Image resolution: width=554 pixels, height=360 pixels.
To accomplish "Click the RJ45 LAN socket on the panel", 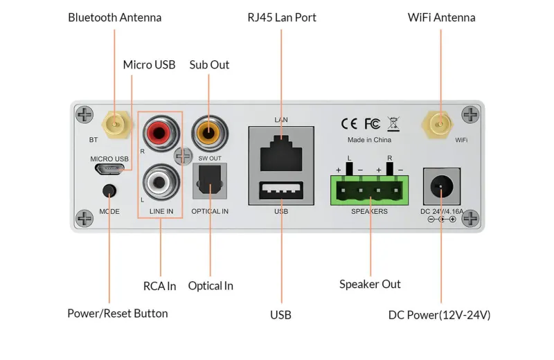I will [x=280, y=153].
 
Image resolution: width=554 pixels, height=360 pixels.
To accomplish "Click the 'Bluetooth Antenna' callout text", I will [x=114, y=17].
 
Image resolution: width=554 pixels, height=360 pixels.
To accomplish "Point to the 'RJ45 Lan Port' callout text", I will [x=281, y=17].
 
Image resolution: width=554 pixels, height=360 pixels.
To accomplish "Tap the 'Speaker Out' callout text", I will [x=370, y=284].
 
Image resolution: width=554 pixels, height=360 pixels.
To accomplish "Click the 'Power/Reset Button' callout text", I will [x=117, y=313].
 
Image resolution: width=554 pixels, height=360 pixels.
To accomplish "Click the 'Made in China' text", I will [x=369, y=141].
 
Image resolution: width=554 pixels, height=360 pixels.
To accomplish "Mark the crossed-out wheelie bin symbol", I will [x=393, y=124].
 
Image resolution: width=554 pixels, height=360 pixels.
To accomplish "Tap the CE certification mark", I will [x=349, y=124].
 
